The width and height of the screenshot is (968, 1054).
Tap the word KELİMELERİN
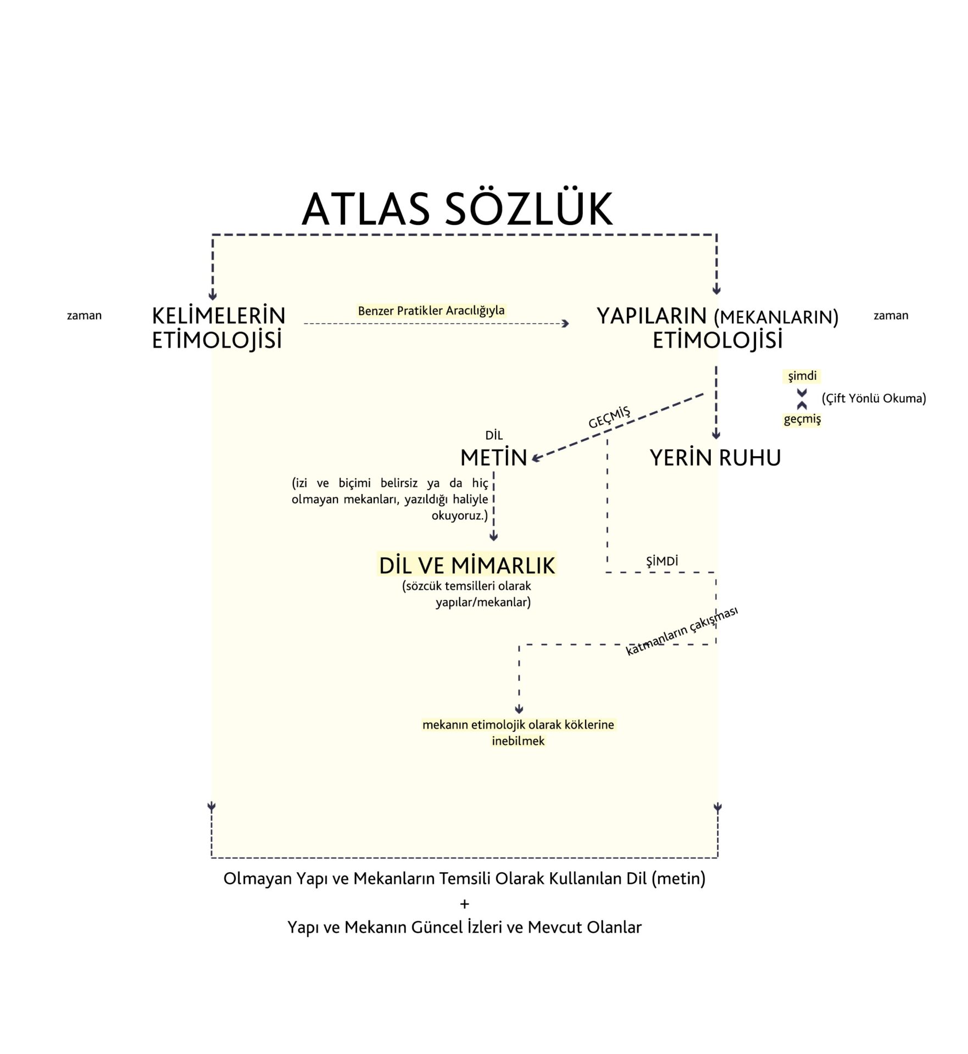(219, 316)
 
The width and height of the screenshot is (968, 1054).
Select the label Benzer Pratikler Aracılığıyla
(431, 311)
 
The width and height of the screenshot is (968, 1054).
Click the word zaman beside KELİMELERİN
(84, 316)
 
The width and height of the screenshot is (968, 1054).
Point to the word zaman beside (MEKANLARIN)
(891, 316)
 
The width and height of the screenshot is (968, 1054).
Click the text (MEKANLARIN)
(776, 318)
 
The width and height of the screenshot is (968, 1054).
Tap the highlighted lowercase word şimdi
(802, 377)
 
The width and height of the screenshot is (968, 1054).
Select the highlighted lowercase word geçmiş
(802, 419)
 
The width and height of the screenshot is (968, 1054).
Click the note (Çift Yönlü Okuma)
(874, 399)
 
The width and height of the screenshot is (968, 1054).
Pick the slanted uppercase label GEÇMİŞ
(609, 417)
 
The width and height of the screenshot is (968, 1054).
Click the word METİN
(493, 458)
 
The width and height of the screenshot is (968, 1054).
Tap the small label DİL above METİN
(494, 436)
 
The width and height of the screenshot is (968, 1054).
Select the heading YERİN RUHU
(715, 458)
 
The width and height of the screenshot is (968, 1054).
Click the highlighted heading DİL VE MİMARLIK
(467, 565)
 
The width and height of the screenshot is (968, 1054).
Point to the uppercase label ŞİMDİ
(662, 561)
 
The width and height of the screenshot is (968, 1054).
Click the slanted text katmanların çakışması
(682, 631)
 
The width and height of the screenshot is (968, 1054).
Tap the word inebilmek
(518, 741)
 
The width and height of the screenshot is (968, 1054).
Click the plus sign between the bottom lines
(465, 903)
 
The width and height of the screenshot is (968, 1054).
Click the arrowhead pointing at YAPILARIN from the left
(566, 324)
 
